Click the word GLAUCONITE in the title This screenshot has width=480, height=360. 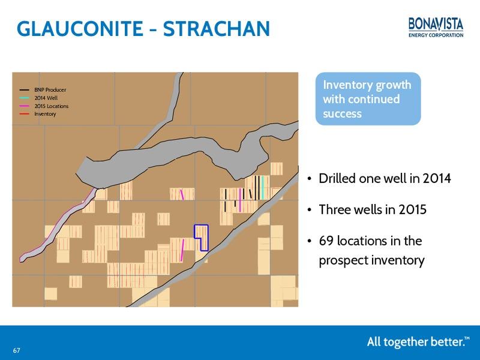point(80,28)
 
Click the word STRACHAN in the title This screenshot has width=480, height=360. point(216,28)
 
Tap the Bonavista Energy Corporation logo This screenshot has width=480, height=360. point(436,28)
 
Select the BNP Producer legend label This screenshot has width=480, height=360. point(50,89)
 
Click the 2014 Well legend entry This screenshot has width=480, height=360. point(38,98)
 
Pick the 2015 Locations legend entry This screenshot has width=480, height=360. point(44,106)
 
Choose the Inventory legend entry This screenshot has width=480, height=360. point(38,114)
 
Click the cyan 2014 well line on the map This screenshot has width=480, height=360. point(263,187)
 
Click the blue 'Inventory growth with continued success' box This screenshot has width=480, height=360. point(368,98)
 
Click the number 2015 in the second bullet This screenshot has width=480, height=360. point(412,209)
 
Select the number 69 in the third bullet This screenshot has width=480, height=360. point(326,241)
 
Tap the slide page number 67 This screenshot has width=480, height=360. point(17,350)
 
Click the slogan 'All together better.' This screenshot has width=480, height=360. point(418,341)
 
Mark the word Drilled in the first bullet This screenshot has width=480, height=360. point(337,178)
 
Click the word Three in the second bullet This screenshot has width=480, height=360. point(334,209)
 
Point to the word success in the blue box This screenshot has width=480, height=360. point(342,114)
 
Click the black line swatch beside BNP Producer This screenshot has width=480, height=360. point(24,90)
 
